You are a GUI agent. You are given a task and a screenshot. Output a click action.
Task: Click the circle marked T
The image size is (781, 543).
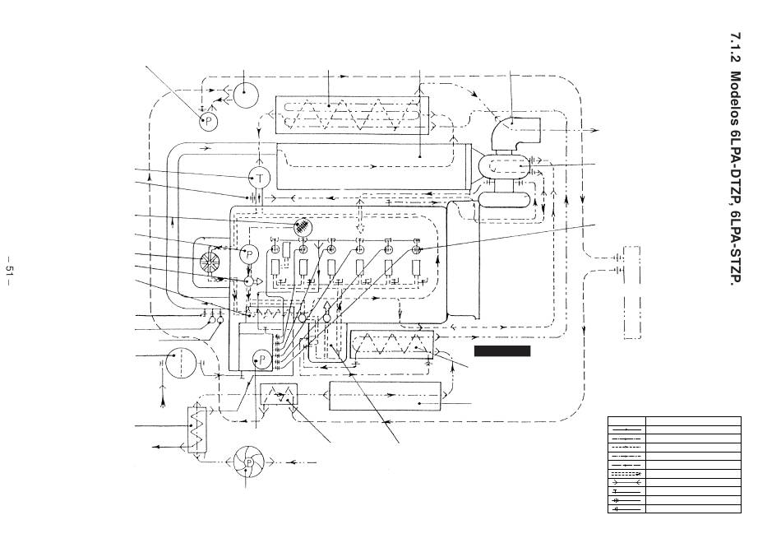259,178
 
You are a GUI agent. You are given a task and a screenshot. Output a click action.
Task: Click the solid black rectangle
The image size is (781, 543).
502,351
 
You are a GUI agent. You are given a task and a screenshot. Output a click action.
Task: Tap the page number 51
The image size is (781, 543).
10,270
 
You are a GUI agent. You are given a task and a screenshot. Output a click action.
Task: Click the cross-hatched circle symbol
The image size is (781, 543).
303,229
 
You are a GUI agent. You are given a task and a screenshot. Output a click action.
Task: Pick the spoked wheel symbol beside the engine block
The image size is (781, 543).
210,262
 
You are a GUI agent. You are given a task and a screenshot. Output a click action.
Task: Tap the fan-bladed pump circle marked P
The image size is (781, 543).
248,462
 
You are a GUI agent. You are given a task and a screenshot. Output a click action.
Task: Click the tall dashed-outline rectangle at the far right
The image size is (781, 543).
632,292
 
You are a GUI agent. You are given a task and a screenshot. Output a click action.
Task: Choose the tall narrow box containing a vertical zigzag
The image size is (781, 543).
196,429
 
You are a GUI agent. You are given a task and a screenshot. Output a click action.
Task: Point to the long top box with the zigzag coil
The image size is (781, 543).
352,114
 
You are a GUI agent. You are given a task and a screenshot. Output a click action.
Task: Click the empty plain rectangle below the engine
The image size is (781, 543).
385,396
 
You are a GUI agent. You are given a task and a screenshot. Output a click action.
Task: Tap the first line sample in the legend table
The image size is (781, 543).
626,429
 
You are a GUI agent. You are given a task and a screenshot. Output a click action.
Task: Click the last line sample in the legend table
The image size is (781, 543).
626,509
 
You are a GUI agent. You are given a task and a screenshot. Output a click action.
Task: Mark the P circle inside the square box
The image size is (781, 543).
262,359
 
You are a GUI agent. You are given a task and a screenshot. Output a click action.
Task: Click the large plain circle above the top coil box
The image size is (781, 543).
245,95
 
